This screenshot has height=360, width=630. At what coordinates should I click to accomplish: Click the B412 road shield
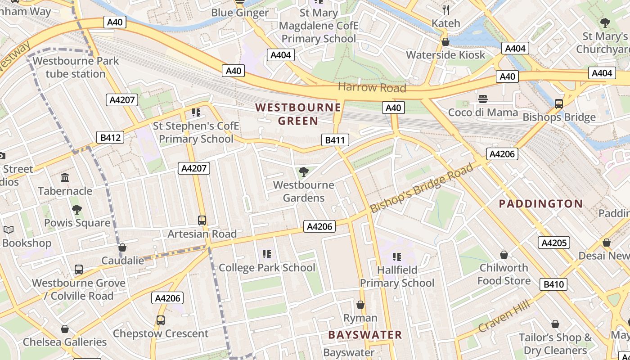click(x=110, y=137)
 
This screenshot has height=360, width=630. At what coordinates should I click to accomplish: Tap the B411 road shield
click(x=335, y=140)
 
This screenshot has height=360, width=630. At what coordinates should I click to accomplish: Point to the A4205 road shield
click(x=554, y=243)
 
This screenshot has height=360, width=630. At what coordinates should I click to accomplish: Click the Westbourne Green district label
click(x=298, y=114)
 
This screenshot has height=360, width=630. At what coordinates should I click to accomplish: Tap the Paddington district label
click(x=541, y=204)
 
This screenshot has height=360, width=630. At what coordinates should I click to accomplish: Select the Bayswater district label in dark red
click(x=365, y=335)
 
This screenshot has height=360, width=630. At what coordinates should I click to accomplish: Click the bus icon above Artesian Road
click(x=202, y=220)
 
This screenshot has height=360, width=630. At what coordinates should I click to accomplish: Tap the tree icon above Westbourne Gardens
click(x=304, y=171)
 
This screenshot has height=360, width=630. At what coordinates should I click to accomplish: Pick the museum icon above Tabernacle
click(x=65, y=178)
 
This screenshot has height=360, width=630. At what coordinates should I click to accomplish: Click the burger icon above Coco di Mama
click(x=483, y=99)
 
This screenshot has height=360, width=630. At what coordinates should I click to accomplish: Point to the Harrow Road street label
click(x=372, y=87)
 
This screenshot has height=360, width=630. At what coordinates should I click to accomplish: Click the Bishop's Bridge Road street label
click(x=422, y=188)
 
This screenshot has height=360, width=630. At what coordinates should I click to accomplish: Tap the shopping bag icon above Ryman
click(x=360, y=305)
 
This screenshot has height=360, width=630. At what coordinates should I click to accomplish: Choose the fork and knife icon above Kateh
click(x=446, y=10)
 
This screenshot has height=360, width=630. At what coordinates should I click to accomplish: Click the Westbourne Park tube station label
click(x=76, y=67)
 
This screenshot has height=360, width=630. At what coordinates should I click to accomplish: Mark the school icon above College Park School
click(x=267, y=254)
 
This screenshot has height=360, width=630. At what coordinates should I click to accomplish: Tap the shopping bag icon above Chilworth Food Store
click(x=504, y=255)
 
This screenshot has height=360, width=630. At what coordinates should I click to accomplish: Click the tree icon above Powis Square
click(x=77, y=209)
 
